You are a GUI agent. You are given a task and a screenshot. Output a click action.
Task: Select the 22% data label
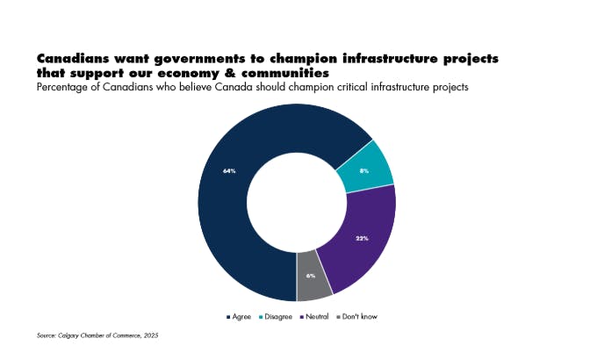coord(362,238)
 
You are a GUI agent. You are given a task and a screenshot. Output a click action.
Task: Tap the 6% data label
coord(311,276)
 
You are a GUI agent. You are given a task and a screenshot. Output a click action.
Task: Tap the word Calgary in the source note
coord(70,335)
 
